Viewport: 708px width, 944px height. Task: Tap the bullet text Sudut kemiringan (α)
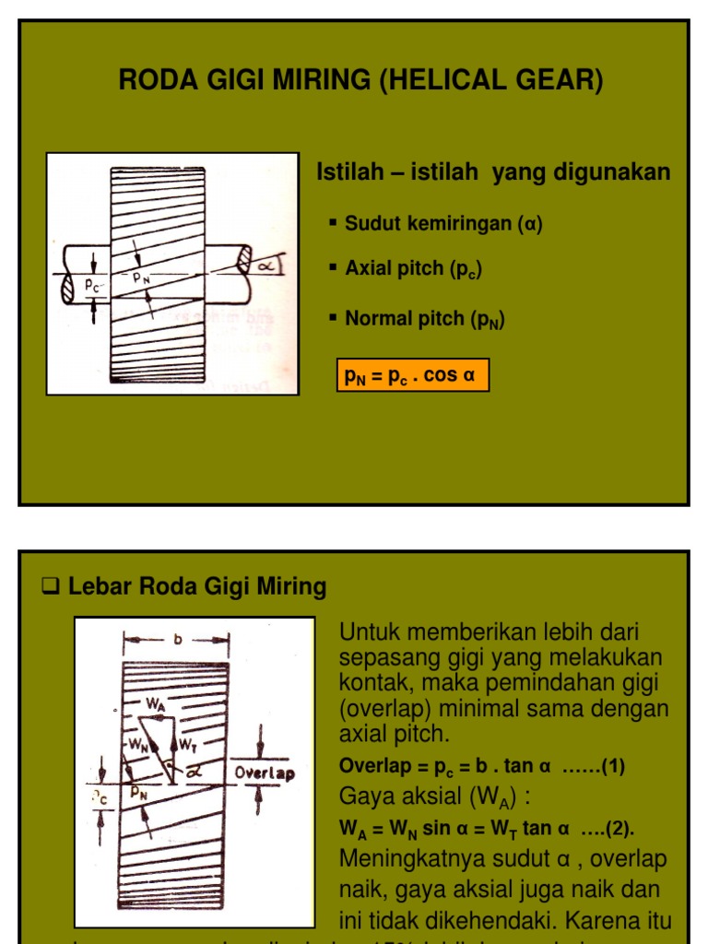(443, 223)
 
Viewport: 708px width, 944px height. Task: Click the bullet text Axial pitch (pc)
(413, 269)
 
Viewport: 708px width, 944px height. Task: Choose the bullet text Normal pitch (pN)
(424, 319)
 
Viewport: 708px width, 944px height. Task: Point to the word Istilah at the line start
(348, 172)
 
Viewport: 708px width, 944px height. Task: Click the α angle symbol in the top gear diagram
(267, 265)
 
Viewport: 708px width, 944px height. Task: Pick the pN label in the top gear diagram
(141, 276)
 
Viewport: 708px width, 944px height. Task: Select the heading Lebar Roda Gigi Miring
(197, 586)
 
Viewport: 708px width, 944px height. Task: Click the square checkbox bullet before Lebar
(53, 586)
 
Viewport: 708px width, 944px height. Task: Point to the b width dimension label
(176, 637)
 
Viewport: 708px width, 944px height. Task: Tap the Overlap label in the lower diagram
(265, 773)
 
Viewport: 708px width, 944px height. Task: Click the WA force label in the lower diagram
(156, 702)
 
